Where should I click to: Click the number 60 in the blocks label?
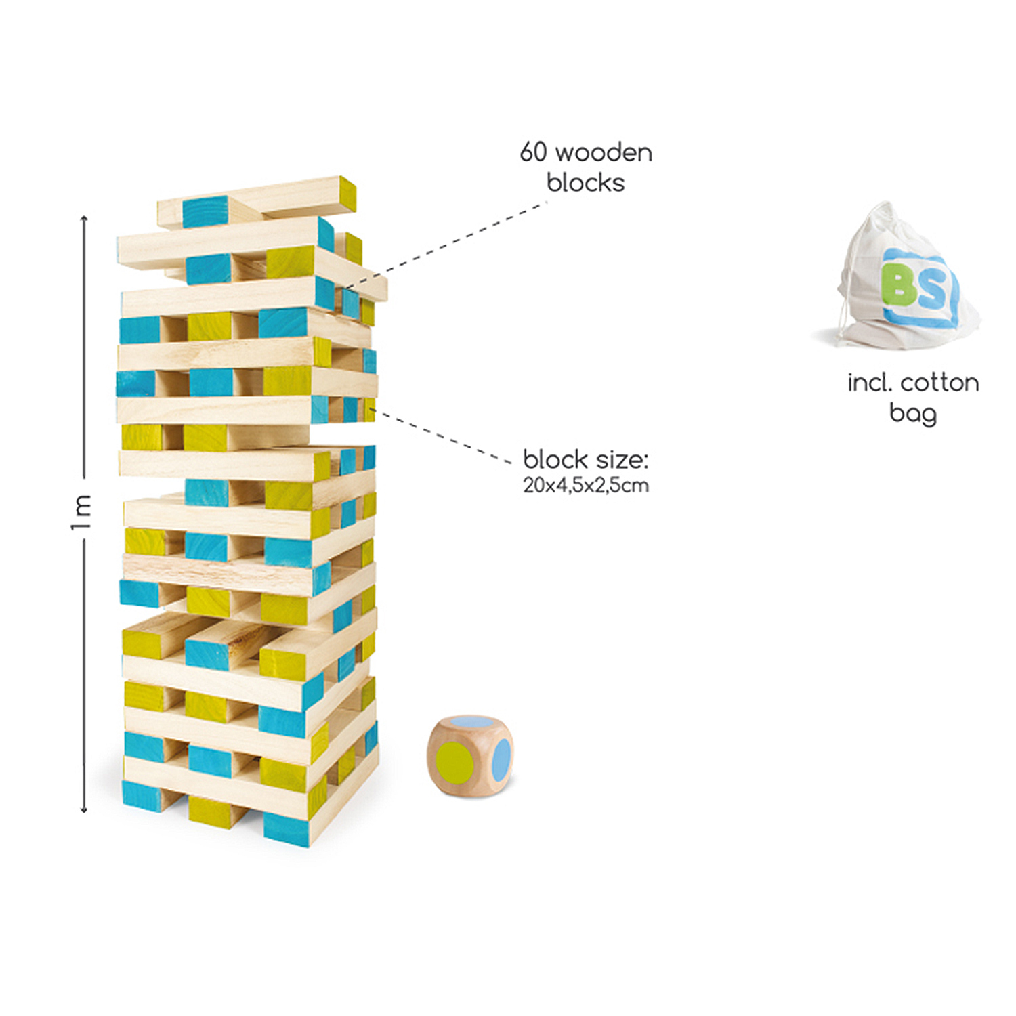click(x=533, y=152)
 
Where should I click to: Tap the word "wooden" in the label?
click(x=604, y=153)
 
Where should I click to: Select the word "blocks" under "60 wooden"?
click(x=585, y=183)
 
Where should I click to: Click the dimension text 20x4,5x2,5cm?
click(x=585, y=486)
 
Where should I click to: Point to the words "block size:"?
click(x=585, y=460)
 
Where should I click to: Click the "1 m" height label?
click(x=81, y=513)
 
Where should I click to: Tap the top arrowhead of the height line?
click(x=84, y=219)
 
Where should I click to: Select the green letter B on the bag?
click(x=899, y=284)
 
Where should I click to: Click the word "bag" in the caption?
click(x=912, y=413)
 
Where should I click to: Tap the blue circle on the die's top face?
click(x=470, y=723)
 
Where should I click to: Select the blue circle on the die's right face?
click(x=501, y=759)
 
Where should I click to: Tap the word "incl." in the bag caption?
click(x=869, y=383)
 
